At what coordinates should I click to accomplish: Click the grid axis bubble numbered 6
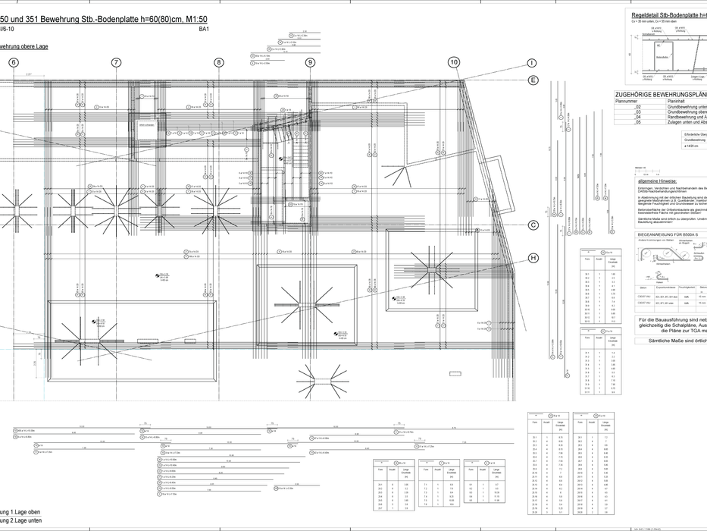click(13, 63)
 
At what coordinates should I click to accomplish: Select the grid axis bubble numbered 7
click(116, 63)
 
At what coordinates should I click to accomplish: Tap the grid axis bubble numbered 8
click(219, 63)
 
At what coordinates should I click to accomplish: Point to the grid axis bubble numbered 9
click(310, 63)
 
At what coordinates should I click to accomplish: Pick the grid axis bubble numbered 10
click(453, 62)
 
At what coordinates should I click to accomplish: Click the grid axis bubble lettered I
click(533, 63)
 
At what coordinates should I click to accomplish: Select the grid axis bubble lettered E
click(533, 80)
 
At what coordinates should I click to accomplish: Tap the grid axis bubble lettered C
click(533, 225)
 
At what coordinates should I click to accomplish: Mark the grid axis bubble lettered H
click(533, 258)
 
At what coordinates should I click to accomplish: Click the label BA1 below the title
click(204, 29)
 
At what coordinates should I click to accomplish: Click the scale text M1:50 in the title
click(193, 19)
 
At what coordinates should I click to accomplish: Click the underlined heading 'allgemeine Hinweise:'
click(659, 181)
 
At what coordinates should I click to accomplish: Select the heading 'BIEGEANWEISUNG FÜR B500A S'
click(671, 235)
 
